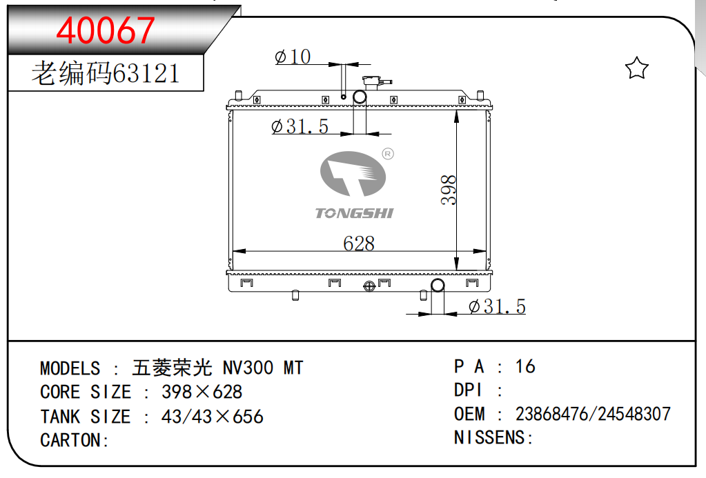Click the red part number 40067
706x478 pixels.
[106, 30]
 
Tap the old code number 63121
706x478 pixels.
[146, 73]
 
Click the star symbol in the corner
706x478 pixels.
[637, 68]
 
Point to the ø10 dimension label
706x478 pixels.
[293, 57]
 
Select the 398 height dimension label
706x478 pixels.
[449, 190]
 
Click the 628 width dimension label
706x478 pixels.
[359, 243]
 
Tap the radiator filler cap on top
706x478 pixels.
[376, 83]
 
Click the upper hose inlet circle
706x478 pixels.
[360, 97]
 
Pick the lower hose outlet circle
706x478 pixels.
[438, 285]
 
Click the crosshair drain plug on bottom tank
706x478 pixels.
[369, 286]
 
